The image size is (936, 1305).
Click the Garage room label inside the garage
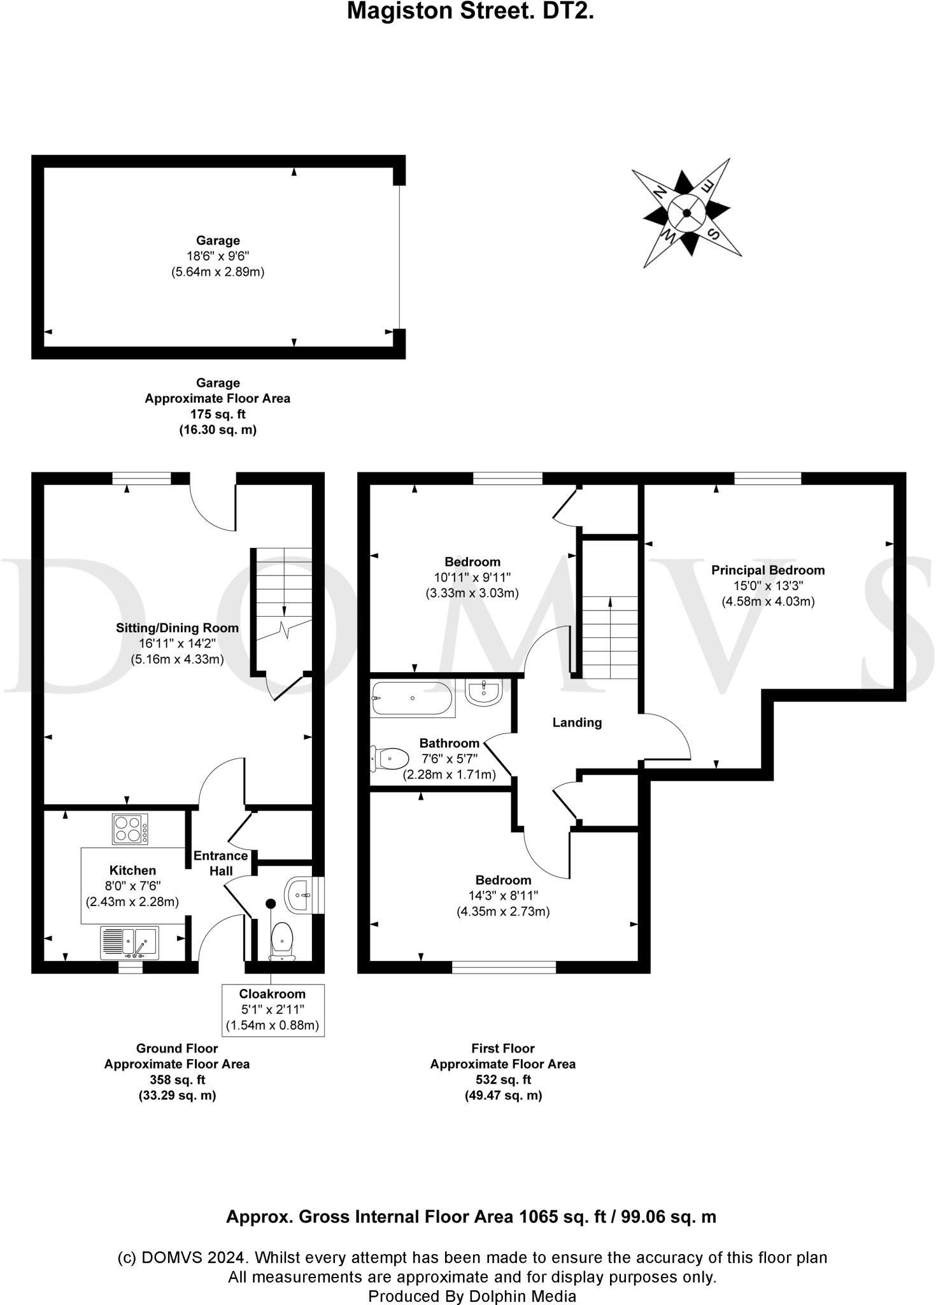(x=218, y=240)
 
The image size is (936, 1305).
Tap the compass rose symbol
(x=686, y=213)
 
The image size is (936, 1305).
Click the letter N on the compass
(x=660, y=191)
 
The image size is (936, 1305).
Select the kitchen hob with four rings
(x=130, y=829)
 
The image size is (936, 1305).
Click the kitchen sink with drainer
(x=130, y=943)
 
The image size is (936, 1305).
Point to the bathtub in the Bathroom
(x=412, y=698)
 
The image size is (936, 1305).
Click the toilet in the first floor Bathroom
(x=390, y=758)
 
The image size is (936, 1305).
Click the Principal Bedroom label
(x=767, y=570)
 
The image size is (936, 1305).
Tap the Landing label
(x=577, y=722)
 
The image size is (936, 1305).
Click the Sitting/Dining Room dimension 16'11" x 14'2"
(x=177, y=644)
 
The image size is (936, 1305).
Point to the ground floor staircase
(x=284, y=609)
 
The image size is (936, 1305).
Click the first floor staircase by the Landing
(x=611, y=637)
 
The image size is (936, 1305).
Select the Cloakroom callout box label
(x=273, y=993)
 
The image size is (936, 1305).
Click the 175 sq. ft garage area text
(x=218, y=414)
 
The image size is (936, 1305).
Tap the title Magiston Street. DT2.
(x=470, y=11)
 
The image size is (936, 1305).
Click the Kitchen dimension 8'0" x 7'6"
(x=132, y=886)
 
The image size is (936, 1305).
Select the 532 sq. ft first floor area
(x=503, y=1079)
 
